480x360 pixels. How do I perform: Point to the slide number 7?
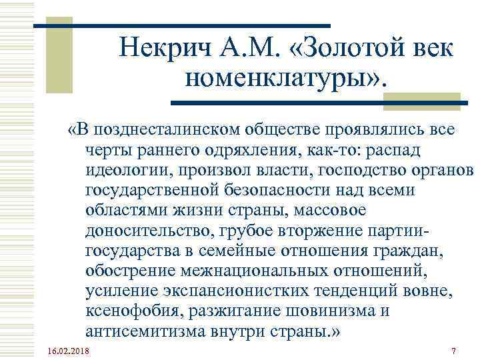tap(453, 351)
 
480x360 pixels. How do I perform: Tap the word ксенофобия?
tap(134, 312)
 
